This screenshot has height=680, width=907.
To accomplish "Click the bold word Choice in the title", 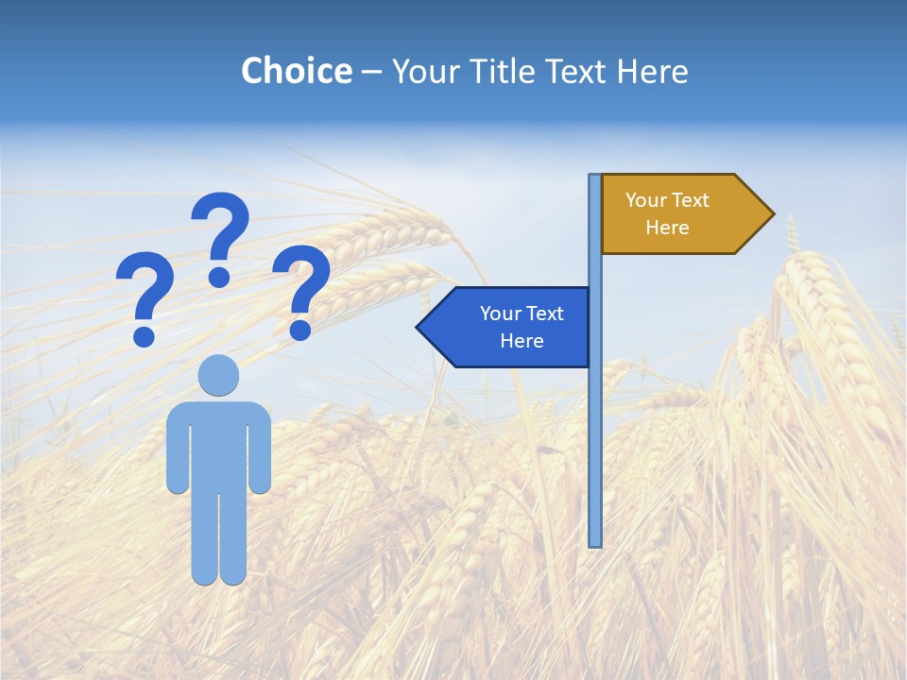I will tap(296, 71).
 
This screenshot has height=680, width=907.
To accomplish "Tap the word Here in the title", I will tap(652, 72).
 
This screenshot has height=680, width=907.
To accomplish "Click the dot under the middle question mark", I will tap(219, 277).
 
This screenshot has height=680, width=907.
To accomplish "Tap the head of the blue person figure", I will tap(218, 375).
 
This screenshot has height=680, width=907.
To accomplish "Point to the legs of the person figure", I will tap(218, 538).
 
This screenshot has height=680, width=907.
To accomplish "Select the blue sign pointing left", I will tap(510, 327).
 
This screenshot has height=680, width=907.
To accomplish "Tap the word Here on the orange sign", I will tap(667, 228).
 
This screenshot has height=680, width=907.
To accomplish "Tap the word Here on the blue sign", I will tap(522, 341).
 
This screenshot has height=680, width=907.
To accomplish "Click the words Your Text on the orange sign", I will tap(667, 200).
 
